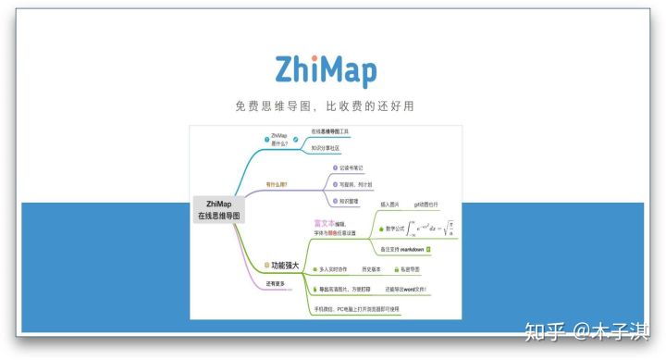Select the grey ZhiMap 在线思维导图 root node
[x=219, y=209]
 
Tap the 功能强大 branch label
[x=284, y=266]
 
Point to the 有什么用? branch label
[x=277, y=184]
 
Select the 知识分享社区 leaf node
[x=325, y=148]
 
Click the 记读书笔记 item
[x=351, y=168]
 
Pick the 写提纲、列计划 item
[x=356, y=183]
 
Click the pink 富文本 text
[x=327, y=223]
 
